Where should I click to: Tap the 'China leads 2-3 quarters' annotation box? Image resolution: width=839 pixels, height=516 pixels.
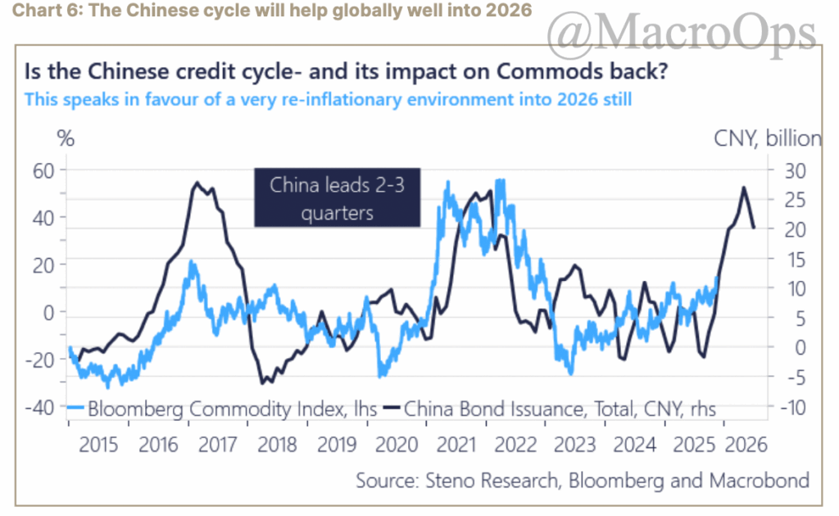tap(337, 199)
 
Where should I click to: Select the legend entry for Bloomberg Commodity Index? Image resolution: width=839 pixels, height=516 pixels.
tap(221, 407)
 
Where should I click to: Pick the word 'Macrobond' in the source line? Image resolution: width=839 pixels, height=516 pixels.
tap(764, 480)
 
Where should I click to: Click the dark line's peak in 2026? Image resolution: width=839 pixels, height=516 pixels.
tap(743, 188)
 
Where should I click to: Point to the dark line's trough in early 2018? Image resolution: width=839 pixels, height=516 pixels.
tap(262, 382)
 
